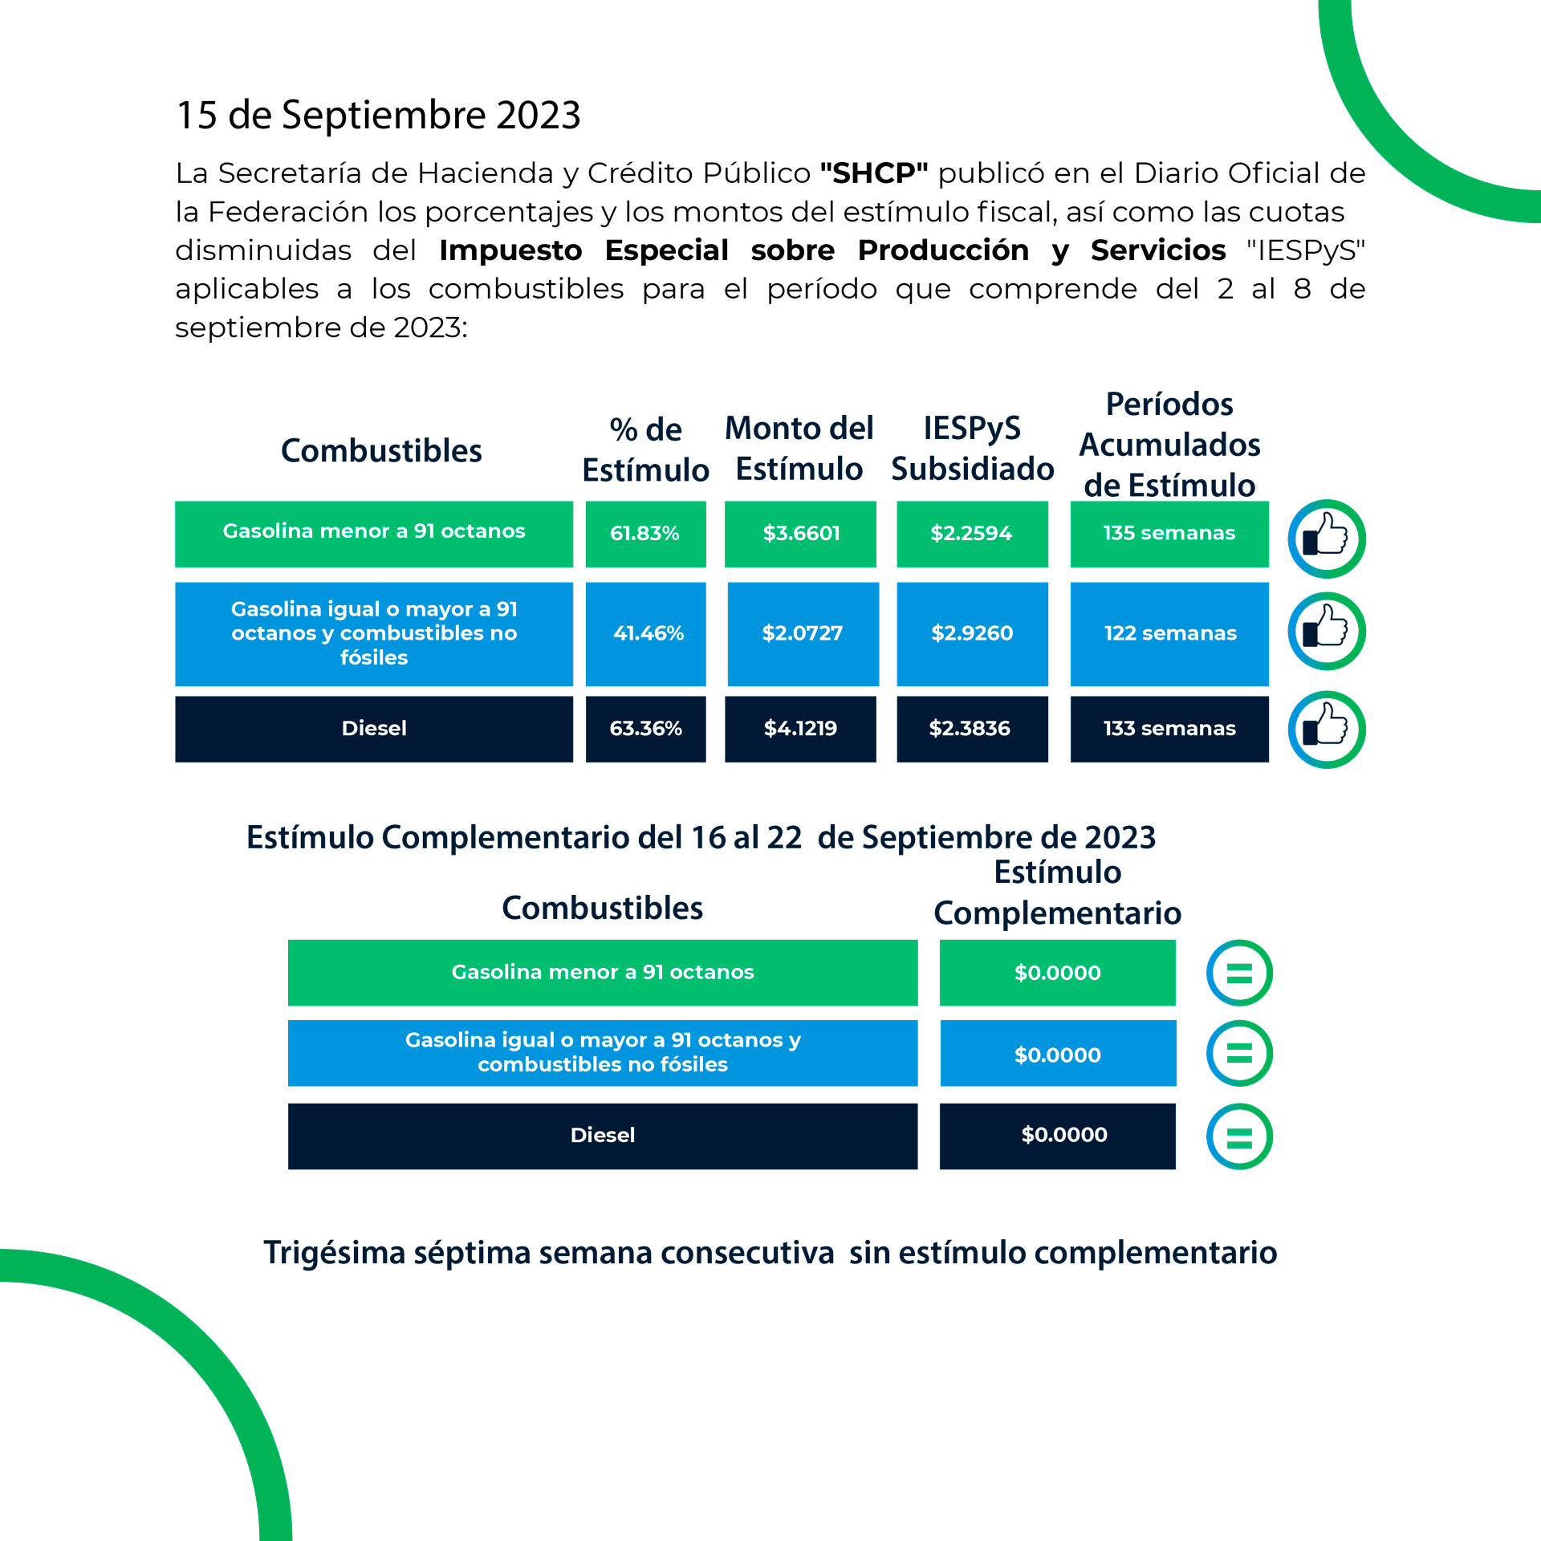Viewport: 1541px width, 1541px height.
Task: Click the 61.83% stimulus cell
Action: click(x=645, y=534)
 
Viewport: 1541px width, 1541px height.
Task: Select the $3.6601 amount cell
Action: click(x=800, y=534)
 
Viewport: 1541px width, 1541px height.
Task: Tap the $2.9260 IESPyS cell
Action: click(x=972, y=633)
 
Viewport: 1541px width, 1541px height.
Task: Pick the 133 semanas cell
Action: click(x=1169, y=729)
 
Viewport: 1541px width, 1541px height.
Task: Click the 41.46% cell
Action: click(x=646, y=633)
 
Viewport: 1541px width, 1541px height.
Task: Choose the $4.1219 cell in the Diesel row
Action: click(x=800, y=729)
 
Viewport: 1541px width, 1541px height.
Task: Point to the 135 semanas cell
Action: click(x=1169, y=534)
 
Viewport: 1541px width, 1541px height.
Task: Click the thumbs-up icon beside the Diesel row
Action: click(x=1327, y=730)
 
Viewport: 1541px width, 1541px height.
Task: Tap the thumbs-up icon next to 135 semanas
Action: click(x=1327, y=539)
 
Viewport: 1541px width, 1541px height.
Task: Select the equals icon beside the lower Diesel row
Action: click(x=1239, y=1136)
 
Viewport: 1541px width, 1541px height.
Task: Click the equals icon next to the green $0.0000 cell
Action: click(x=1239, y=973)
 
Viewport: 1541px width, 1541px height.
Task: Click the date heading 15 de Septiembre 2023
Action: click(x=378, y=115)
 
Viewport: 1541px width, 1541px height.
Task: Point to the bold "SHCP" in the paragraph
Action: click(x=874, y=173)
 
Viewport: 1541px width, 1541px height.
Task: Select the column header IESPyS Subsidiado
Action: click(x=972, y=449)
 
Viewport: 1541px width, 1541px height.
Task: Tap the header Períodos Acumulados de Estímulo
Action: click(x=1169, y=445)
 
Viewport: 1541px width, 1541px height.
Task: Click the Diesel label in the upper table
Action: click(x=374, y=729)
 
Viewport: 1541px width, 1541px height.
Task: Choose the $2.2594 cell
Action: click(x=972, y=534)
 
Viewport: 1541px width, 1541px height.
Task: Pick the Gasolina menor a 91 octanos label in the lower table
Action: click(x=603, y=973)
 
